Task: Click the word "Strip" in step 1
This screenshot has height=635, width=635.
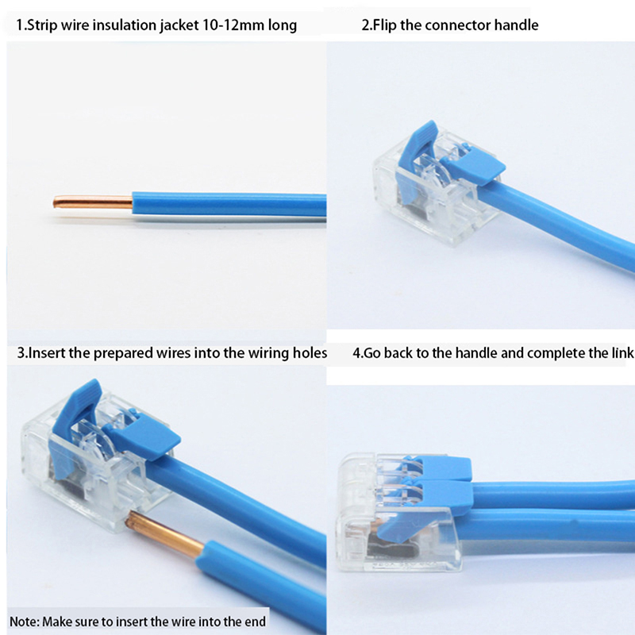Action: [43, 25]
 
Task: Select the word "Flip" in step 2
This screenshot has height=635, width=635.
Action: [385, 25]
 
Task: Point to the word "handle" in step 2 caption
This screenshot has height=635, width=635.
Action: [516, 25]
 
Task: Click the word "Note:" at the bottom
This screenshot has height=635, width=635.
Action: [25, 622]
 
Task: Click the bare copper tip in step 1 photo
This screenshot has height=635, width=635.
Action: [93, 202]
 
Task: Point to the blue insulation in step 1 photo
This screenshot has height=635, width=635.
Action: [229, 205]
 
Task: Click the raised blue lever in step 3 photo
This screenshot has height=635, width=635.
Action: [74, 421]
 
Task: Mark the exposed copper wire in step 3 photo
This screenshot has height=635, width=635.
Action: [165, 533]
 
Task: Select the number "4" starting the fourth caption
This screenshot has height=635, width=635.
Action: [356, 353]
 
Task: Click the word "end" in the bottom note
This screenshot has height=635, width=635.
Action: [255, 622]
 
